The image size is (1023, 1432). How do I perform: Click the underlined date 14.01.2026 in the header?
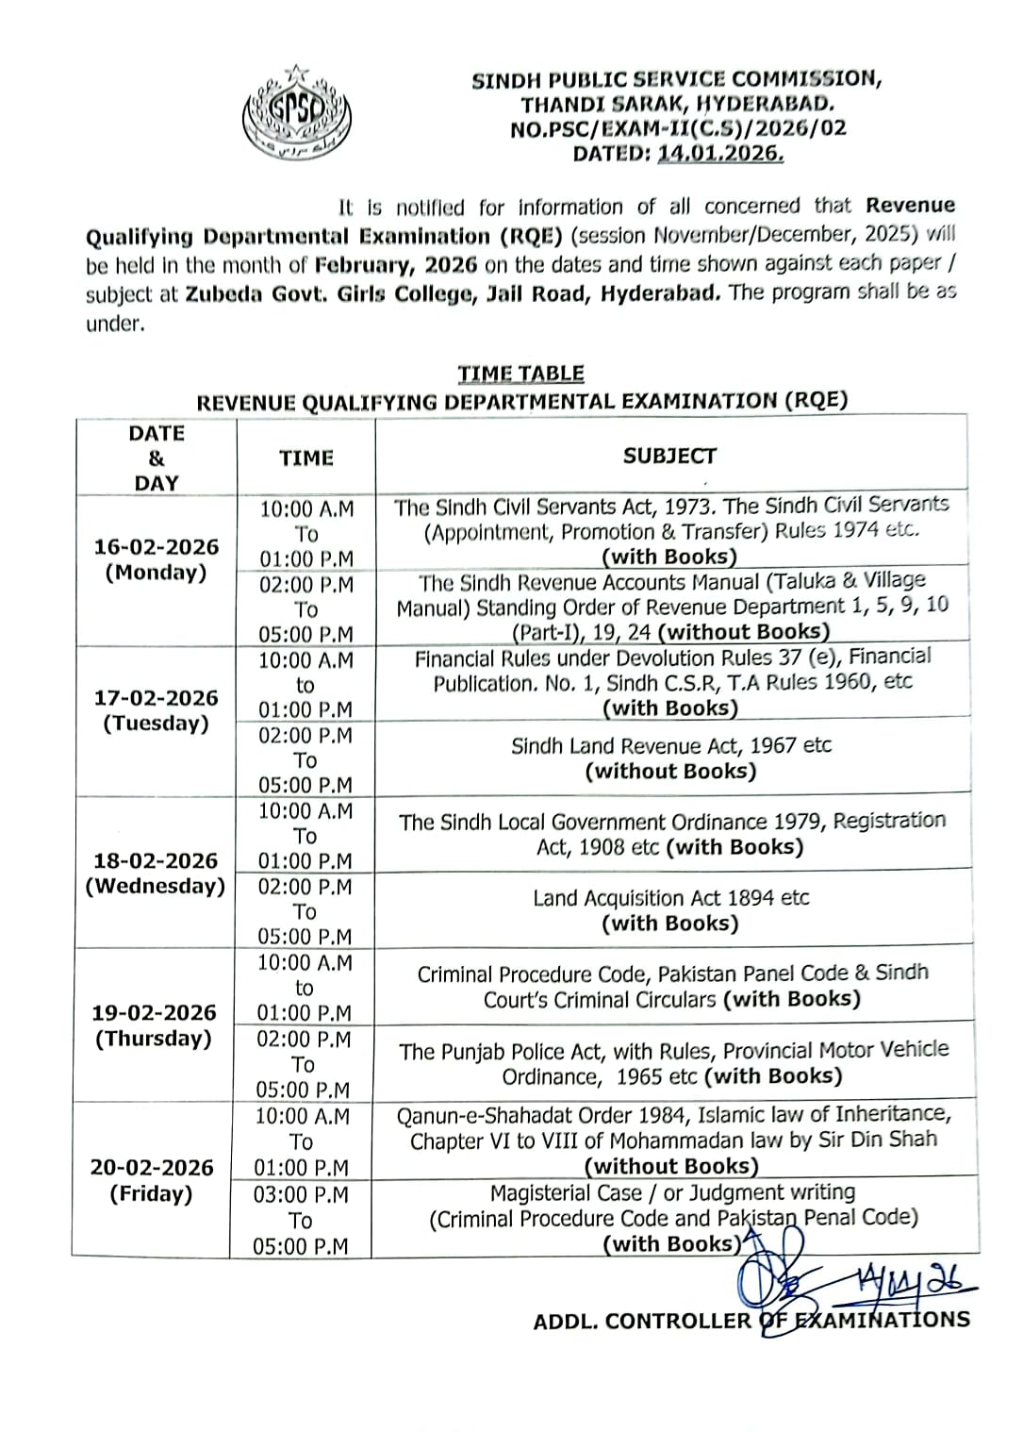[x=720, y=153]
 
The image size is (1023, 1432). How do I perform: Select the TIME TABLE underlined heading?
[x=520, y=374]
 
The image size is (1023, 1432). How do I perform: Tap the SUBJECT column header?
[x=669, y=457]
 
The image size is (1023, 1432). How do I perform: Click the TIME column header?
[x=306, y=458]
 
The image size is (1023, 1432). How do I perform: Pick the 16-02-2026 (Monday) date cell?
[x=156, y=559]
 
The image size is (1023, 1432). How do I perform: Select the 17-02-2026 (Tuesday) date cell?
[x=156, y=710]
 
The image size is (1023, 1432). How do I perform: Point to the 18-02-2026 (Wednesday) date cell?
[x=156, y=874]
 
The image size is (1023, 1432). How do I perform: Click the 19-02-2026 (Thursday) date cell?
[x=154, y=1025]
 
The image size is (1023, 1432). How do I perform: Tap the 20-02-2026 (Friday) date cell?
[x=152, y=1180]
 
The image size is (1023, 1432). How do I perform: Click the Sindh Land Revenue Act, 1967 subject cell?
[x=670, y=758]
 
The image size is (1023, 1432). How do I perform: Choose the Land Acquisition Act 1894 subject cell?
[x=670, y=909]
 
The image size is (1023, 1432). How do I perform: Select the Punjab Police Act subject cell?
[x=673, y=1063]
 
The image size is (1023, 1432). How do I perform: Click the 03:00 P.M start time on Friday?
[x=301, y=1195]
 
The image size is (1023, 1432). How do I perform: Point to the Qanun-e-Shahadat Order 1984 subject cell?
[x=673, y=1141]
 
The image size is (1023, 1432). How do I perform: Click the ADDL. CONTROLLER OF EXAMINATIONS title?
[x=751, y=1321]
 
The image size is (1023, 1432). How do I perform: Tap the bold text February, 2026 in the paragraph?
[x=396, y=265]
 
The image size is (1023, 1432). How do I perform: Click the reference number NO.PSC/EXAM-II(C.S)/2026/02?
[x=678, y=128]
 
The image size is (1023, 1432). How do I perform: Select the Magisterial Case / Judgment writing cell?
[x=673, y=1218]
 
